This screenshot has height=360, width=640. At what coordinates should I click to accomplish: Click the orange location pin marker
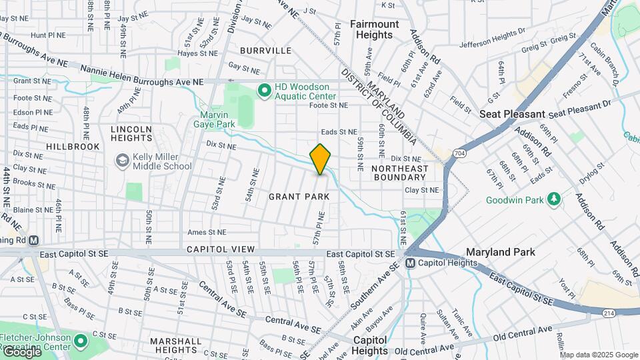[x=321, y=159]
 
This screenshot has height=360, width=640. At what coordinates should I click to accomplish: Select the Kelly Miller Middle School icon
[x=122, y=160]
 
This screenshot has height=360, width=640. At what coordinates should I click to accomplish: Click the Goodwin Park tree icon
[x=553, y=199]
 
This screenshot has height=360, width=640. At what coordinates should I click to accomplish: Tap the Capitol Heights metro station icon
[x=411, y=263]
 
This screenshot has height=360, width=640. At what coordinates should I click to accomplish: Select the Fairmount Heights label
[x=374, y=29]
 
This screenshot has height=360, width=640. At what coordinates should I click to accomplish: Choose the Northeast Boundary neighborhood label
[x=399, y=173]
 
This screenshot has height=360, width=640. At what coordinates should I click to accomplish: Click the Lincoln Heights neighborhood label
[x=131, y=133]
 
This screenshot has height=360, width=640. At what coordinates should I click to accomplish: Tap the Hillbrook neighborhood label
[x=73, y=146]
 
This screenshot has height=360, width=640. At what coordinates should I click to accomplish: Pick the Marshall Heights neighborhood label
[x=176, y=345]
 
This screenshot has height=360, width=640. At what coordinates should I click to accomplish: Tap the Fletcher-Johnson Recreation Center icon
[x=81, y=342]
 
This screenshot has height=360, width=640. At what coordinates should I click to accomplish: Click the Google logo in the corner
[x=21, y=352]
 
